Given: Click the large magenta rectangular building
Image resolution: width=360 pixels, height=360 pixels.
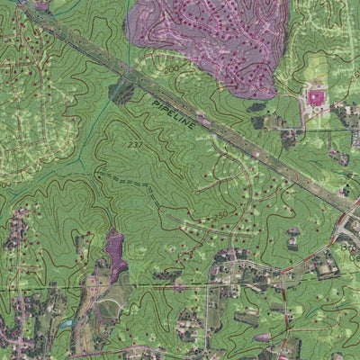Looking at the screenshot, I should [316, 95].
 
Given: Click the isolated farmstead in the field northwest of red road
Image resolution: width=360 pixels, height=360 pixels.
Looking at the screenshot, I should [292, 239].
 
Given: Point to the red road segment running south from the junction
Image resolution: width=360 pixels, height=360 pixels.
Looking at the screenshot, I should [284, 297].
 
